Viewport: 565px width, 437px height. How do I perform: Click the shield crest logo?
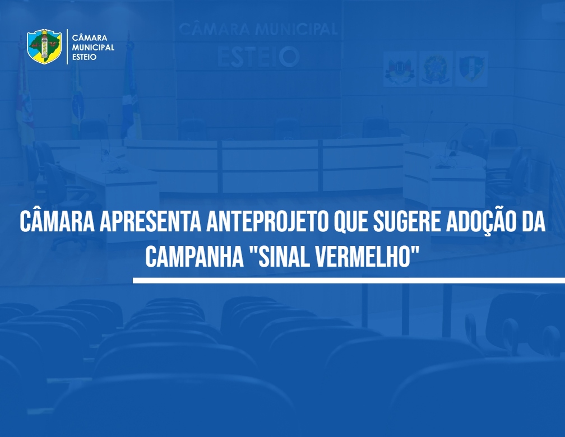pos(44,47)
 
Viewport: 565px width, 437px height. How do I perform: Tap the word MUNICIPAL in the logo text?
pos(93,48)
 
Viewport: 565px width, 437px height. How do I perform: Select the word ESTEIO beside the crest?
pos(84,57)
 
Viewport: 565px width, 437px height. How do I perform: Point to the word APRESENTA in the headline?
pos(150,222)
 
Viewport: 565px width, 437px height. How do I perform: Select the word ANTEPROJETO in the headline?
pos(267,222)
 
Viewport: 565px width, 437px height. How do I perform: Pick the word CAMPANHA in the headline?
pos(194,257)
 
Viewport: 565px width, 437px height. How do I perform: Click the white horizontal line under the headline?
pos(349,280)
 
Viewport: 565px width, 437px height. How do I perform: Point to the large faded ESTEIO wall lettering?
pos(258,57)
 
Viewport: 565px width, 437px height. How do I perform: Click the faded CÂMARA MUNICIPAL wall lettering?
pos(258,29)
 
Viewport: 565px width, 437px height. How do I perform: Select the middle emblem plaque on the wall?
pos(436,68)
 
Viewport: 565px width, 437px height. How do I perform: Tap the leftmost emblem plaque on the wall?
pos(400,68)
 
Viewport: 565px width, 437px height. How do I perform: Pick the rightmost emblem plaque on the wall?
pos(471,68)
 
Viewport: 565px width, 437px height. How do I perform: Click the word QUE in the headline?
pos(351,222)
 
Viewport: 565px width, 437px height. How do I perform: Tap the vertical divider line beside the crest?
pos(67,47)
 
